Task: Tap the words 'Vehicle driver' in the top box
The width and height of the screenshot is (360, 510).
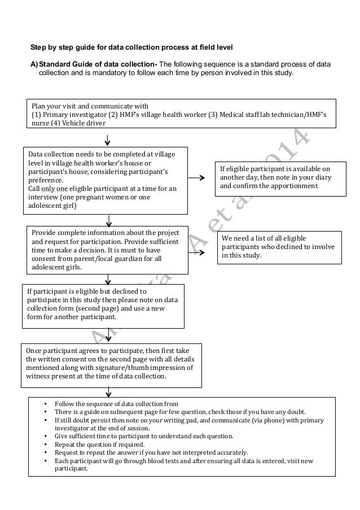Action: [x=82, y=124]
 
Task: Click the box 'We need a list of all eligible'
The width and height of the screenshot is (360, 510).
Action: [x=279, y=247]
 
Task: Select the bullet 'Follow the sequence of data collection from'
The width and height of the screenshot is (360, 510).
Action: [x=116, y=404]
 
